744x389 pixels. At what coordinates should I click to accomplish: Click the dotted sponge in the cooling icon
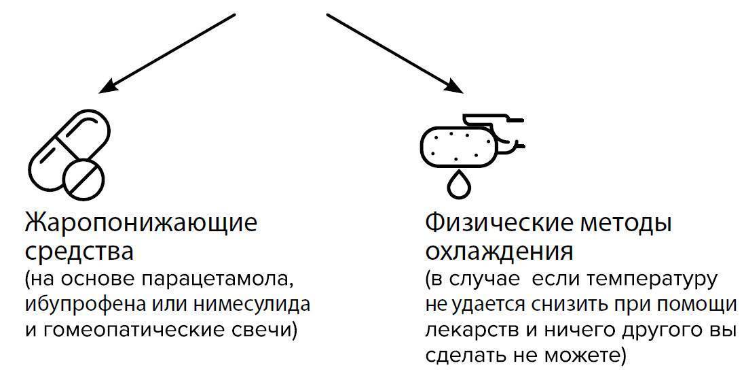458,146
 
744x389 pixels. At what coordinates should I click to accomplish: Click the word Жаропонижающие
141,223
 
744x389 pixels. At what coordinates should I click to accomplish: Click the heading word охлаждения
499,252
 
